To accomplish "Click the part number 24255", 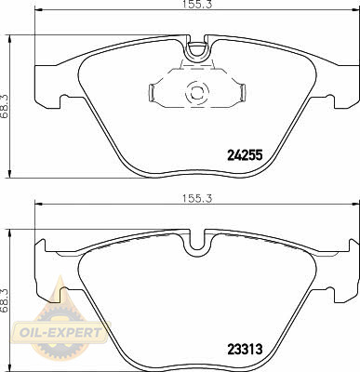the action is tap(245, 155).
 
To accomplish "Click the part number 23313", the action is tap(245, 350).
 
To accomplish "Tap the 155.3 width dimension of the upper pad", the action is tap(197, 4).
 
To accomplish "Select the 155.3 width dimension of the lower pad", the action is tap(197, 198).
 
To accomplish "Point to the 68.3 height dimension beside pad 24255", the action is tap(5, 106).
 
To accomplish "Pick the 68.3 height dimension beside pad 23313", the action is tap(5, 300).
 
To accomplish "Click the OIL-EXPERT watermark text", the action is tap(60, 333).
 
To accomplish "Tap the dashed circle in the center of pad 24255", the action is tap(197, 92).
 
